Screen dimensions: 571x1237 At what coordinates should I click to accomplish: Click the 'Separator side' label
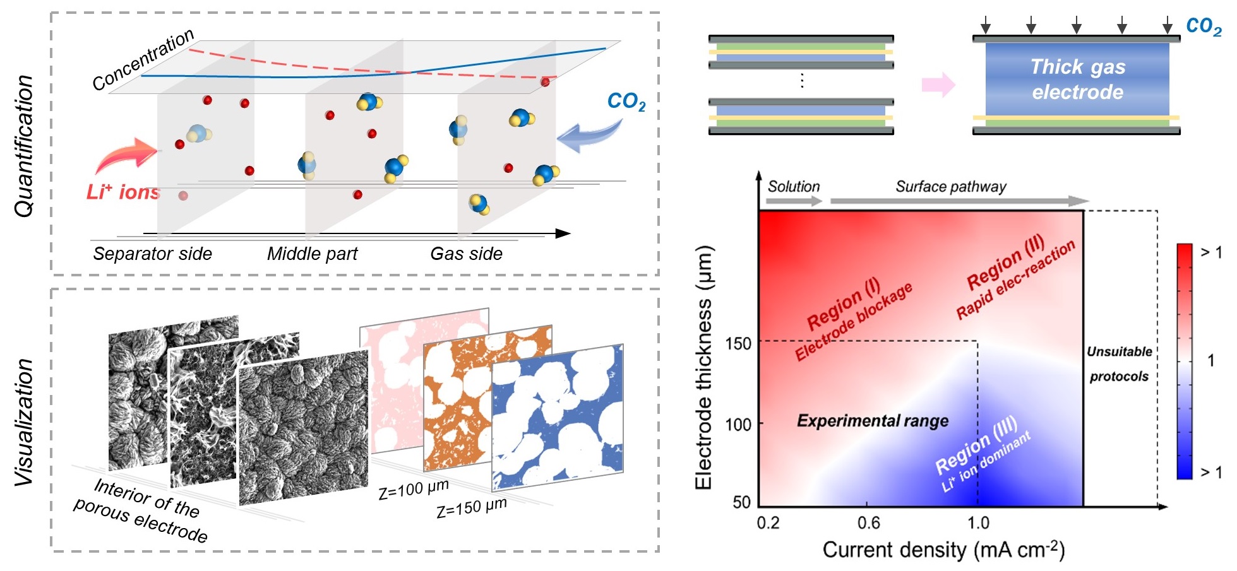(x=152, y=254)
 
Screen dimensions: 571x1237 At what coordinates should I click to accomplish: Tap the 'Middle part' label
(x=312, y=254)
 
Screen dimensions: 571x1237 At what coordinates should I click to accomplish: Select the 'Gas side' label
(x=466, y=254)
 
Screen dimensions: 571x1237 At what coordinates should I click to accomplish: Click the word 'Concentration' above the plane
(x=143, y=60)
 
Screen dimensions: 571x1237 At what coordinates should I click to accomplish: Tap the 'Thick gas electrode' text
(x=1077, y=79)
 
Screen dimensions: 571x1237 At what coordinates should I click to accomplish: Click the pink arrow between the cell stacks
(x=938, y=85)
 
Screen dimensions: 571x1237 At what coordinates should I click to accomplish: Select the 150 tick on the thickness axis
(x=738, y=344)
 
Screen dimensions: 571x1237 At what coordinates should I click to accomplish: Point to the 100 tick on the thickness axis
(x=738, y=424)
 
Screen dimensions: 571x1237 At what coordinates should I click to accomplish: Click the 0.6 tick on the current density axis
(x=869, y=523)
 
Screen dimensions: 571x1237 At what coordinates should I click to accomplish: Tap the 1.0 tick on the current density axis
(x=978, y=523)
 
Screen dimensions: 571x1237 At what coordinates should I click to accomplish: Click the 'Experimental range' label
(x=872, y=421)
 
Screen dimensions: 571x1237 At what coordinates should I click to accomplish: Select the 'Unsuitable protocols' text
(x=1119, y=364)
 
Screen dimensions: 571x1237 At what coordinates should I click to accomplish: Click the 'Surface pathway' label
(x=950, y=187)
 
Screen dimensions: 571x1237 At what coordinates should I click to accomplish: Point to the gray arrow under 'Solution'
(x=794, y=201)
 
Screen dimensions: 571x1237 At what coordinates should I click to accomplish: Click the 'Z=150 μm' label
(x=472, y=507)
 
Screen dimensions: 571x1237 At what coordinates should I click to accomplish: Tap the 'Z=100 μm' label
(x=414, y=489)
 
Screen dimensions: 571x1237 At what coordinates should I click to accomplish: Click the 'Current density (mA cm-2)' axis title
(x=943, y=550)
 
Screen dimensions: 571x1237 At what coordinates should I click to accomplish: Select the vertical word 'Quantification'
(x=24, y=146)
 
